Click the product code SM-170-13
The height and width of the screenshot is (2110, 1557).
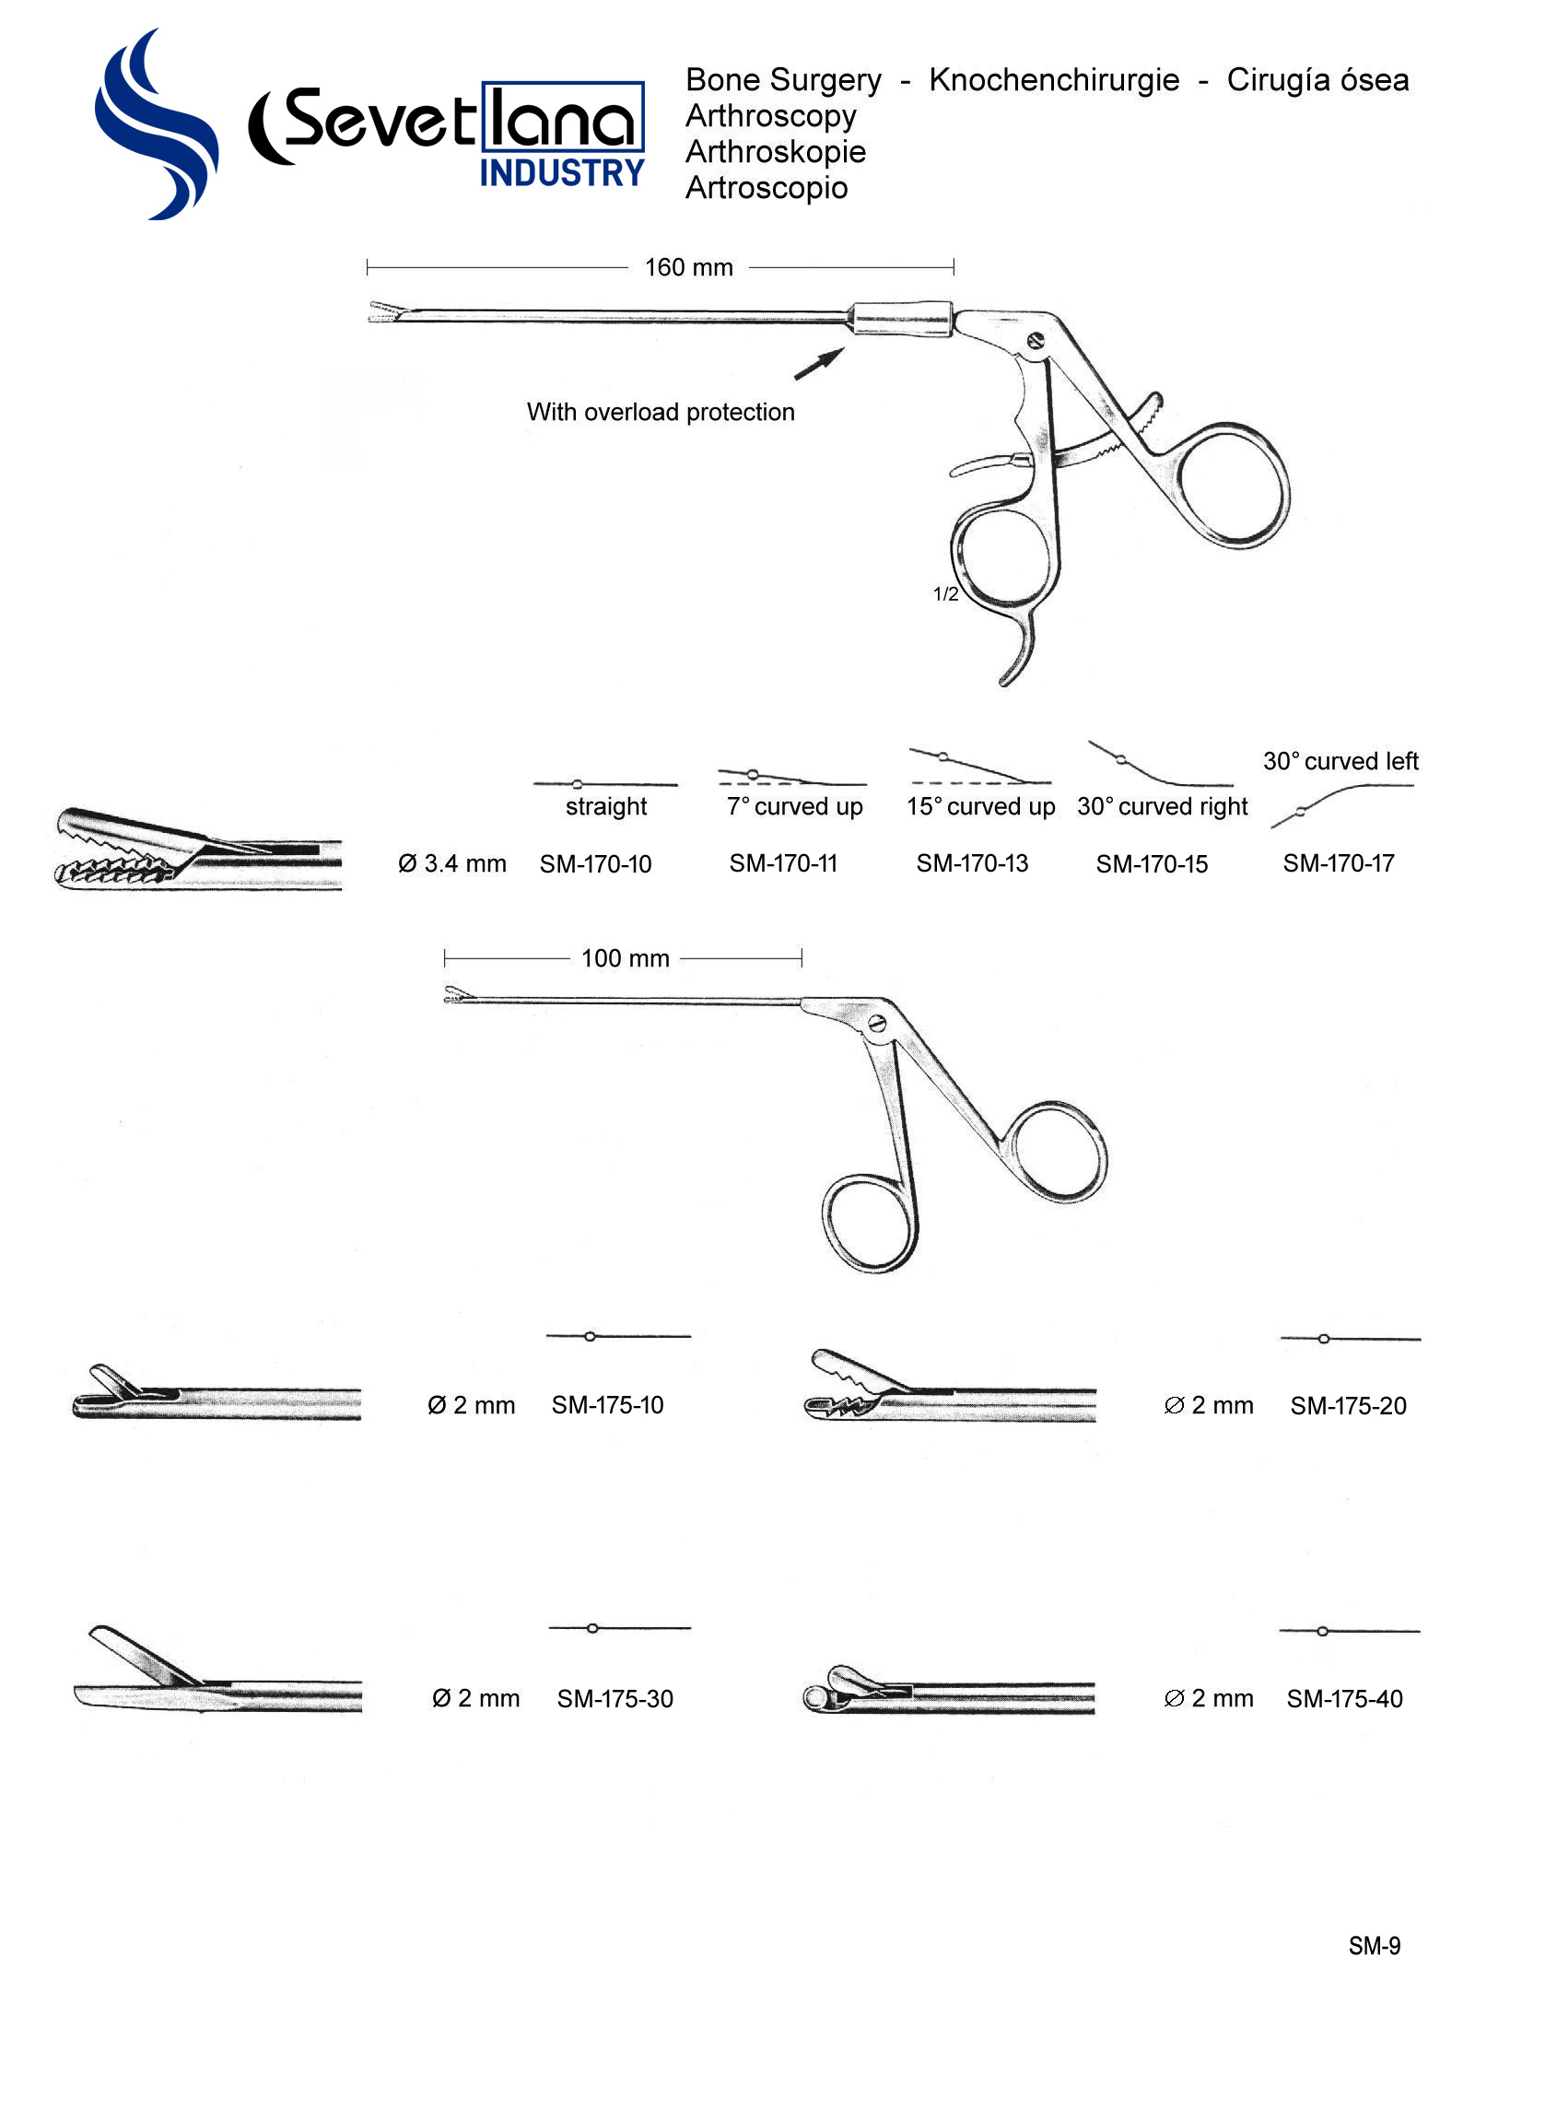tap(972, 863)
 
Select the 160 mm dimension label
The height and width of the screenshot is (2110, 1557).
tap(688, 267)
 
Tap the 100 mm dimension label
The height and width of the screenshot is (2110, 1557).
tap(625, 958)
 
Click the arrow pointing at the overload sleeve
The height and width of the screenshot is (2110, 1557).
tap(819, 364)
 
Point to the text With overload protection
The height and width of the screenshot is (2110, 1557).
tap(660, 412)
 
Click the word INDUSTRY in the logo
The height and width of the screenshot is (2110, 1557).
tap(562, 173)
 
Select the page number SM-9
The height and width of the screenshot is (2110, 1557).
tap(1374, 1945)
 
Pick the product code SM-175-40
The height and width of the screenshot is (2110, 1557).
tap(1344, 1698)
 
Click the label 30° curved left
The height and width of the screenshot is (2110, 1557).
tap(1340, 760)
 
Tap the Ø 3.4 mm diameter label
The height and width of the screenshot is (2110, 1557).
tap(451, 863)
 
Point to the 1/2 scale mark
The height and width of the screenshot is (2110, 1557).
tap(945, 593)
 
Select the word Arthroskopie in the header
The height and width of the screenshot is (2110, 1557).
tap(775, 152)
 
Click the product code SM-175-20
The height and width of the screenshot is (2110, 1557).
tap(1348, 1405)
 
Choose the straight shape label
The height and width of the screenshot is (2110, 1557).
tap(606, 806)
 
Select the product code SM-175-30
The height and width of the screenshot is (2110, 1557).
tap(615, 1698)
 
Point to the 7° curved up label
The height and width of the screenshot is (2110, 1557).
tap(793, 806)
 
